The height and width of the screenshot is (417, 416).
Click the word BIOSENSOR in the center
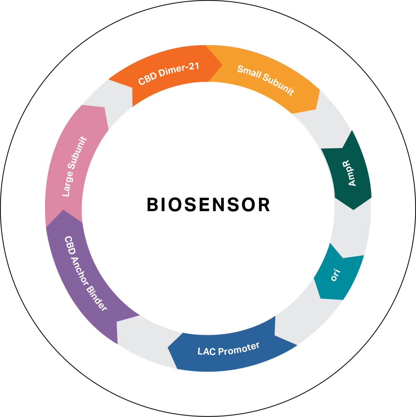[208, 205]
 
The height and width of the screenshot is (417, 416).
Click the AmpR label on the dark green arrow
[352, 173]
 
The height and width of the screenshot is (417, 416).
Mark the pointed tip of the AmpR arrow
[353, 210]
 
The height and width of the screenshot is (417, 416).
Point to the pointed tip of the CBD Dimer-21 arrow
[222, 64]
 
